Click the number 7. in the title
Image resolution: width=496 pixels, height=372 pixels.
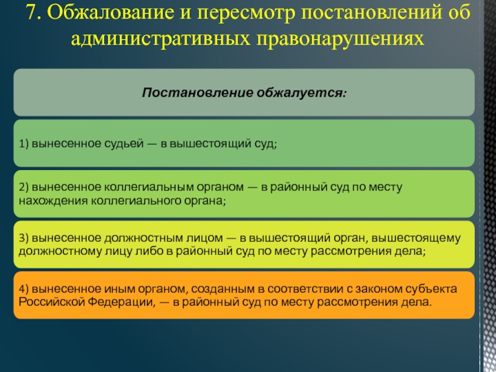pos(33,12)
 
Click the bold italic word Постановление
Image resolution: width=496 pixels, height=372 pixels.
pos(197,92)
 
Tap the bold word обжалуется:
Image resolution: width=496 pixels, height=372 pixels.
pos(301,92)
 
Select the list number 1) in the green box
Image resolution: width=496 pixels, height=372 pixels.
pos(24,144)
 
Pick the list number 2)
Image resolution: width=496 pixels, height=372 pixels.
pos(24,187)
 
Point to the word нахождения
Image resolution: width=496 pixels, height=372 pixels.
pos(53,201)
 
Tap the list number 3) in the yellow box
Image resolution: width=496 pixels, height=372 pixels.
pos(24,237)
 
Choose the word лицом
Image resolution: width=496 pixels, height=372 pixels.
pos(203,238)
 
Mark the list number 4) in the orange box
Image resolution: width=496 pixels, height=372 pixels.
pos(24,289)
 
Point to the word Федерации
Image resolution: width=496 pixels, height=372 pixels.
pos(122,302)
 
